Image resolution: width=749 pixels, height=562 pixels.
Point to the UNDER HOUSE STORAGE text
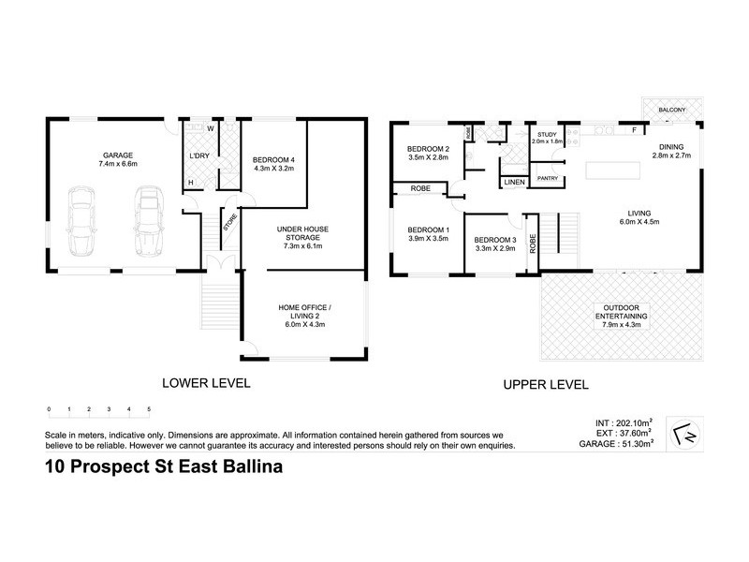(x=301, y=234)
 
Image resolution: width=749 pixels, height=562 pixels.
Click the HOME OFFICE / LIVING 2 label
(x=301, y=311)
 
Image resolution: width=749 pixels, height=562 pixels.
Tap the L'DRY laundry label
(x=198, y=155)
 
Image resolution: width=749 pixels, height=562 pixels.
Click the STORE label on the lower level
(x=228, y=223)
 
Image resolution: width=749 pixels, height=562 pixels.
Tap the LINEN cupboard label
(x=513, y=182)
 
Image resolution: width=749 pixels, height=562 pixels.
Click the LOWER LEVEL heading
(x=207, y=382)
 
